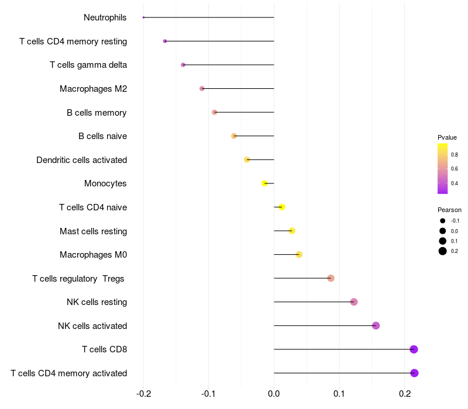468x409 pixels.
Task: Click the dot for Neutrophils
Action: tap(143, 18)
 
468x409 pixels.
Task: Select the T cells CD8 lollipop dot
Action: tap(414, 349)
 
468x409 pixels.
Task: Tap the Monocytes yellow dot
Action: tap(264, 183)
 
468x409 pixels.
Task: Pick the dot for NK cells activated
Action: tap(376, 326)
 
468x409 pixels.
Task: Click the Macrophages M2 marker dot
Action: tap(202, 89)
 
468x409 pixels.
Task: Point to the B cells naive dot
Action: tap(234, 136)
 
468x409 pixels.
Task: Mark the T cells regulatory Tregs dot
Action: tap(331, 278)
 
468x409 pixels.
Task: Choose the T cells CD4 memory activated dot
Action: tap(414, 373)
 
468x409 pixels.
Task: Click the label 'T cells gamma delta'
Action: tap(88, 65)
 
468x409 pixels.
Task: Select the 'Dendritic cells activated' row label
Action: tap(82, 160)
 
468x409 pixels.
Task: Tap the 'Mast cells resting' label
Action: tap(94, 231)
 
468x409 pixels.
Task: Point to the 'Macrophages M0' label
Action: tap(94, 255)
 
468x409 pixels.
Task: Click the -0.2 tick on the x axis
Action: tap(143, 394)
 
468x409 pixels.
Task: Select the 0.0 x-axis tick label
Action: tap(274, 394)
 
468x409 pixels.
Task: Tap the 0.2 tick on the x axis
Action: tap(404, 394)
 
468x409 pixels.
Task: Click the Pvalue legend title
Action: tap(447, 137)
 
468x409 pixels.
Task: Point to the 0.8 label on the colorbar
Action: tap(455, 155)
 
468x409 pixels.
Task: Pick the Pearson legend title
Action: tap(449, 210)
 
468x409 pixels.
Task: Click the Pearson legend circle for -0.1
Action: tap(443, 221)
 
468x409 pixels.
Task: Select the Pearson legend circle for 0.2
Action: tap(443, 251)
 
